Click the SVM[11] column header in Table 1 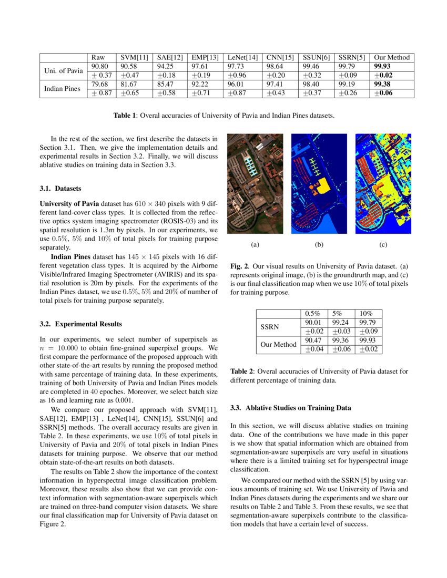[x=134, y=57]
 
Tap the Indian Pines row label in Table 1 [x=62, y=89]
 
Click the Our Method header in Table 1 [x=391, y=57]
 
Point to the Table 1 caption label [x=126, y=115]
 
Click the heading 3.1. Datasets [x=60, y=188]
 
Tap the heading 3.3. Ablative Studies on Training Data [x=290, y=407]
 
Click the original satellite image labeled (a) [x=255, y=183]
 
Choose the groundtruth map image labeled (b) [x=319, y=183]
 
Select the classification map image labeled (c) [x=383, y=183]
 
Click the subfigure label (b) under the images [x=319, y=244]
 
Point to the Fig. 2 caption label [x=240, y=266]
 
